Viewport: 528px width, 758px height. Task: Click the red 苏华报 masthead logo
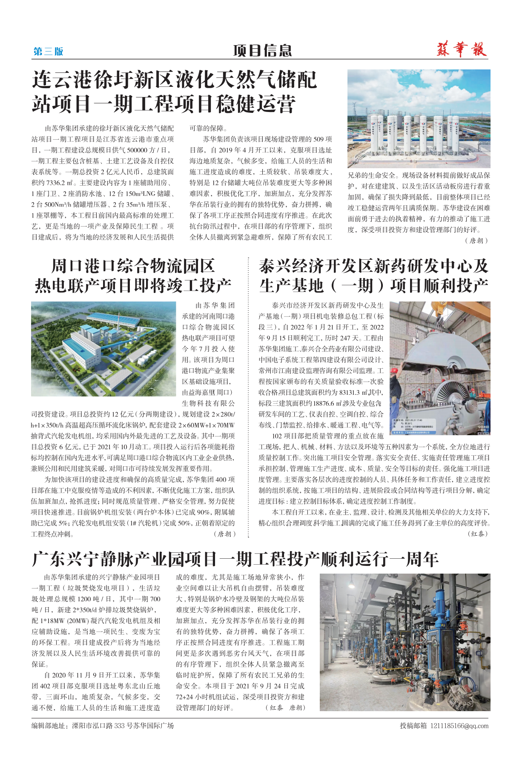pyautogui.click(x=462, y=50)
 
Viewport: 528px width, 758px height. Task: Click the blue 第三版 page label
pyautogui.click(x=48, y=52)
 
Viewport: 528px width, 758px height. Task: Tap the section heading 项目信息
pyautogui.click(x=262, y=51)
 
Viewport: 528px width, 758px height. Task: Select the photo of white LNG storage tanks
pyautogui.click(x=419, y=118)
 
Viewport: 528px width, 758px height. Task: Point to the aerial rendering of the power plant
pyautogui.click(x=103, y=349)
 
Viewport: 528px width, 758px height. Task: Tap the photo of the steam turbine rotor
pyautogui.click(x=440, y=368)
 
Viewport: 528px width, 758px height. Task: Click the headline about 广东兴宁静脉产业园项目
pyautogui.click(x=235, y=559)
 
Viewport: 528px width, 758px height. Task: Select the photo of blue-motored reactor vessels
pyautogui.click(x=405, y=642)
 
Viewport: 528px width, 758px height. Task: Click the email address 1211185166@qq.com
pyautogui.click(x=459, y=726)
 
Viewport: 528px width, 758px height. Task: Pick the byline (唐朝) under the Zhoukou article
pyautogui.click(x=224, y=534)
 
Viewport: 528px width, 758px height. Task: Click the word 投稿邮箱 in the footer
pyautogui.click(x=413, y=726)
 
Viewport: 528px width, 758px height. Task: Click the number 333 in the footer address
pyautogui.click(x=119, y=726)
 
